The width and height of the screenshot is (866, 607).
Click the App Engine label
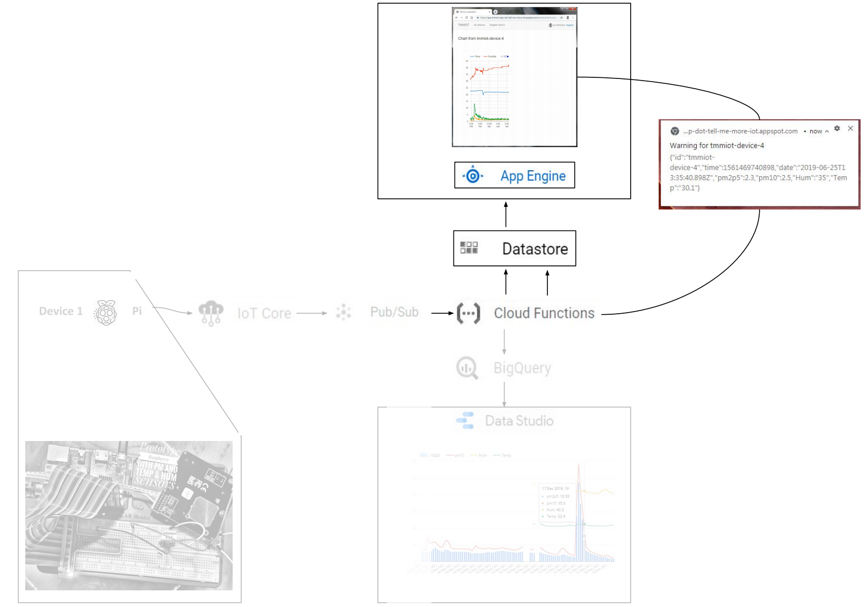click(533, 176)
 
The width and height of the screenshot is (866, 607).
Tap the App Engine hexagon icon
click(473, 175)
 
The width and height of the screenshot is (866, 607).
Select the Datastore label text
click(535, 249)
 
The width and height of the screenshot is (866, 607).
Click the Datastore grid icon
click(469, 248)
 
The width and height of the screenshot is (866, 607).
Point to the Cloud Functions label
click(544, 313)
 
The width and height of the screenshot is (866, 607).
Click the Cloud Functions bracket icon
click(468, 313)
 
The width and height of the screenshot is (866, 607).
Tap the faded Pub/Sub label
click(394, 312)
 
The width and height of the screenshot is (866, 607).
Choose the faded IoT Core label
click(264, 313)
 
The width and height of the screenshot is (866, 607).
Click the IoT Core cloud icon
click(211, 312)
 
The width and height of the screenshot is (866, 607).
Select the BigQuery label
click(522, 368)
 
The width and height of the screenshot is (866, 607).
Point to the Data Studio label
click(519, 421)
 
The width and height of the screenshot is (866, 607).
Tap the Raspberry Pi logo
click(106, 312)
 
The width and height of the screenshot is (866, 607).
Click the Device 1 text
click(61, 311)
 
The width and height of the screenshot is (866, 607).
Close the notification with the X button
click(850, 128)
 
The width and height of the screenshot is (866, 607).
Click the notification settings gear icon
click(837, 128)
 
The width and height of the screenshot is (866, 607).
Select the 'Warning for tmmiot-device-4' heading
click(717, 146)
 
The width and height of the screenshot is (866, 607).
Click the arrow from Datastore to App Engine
click(506, 214)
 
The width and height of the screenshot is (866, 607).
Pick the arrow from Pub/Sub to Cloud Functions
click(443, 313)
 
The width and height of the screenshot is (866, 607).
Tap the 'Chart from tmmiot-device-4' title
click(481, 39)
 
